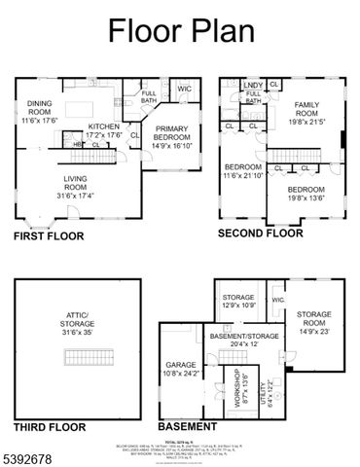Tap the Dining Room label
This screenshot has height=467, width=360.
click(38, 111)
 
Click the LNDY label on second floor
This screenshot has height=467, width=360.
click(253, 85)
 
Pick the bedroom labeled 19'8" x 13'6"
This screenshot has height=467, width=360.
click(306, 195)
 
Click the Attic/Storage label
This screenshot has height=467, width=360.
click(76, 323)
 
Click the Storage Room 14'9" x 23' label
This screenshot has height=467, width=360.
click(313, 320)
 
